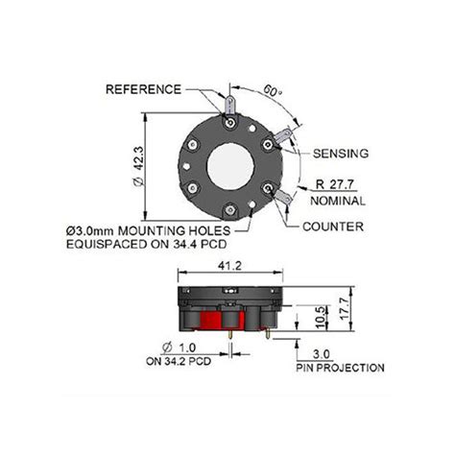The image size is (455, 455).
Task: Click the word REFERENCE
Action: [143, 88]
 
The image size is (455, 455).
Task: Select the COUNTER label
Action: [332, 227]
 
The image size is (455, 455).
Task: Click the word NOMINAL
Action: [339, 201]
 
